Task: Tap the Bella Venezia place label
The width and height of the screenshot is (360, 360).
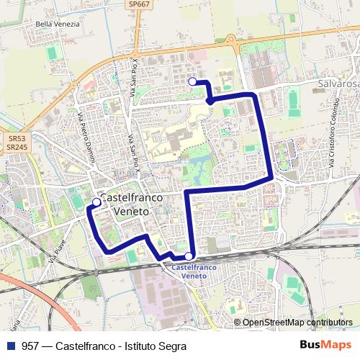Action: click(x=57, y=24)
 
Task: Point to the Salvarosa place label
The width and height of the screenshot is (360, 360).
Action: click(x=337, y=84)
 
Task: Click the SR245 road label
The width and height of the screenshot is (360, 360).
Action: click(x=17, y=147)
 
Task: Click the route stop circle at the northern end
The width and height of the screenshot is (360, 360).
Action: click(x=192, y=82)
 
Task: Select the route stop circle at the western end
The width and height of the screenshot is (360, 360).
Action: click(x=96, y=202)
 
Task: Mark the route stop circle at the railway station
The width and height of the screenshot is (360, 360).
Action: click(x=189, y=256)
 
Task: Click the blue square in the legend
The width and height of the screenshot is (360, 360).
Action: click(x=10, y=346)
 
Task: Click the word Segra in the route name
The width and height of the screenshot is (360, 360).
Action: click(x=172, y=346)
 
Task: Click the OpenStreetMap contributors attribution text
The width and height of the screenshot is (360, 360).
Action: click(x=297, y=323)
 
